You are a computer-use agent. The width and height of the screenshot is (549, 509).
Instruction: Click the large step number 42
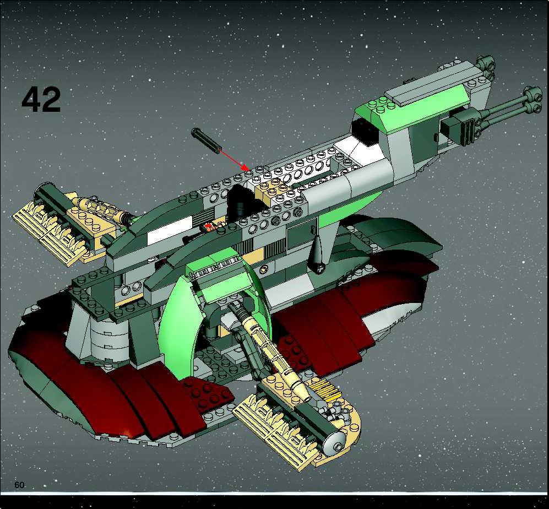coord(41,100)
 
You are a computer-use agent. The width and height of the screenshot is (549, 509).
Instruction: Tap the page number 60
coord(20,485)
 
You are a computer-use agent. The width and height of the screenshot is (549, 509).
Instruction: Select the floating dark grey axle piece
coord(206,140)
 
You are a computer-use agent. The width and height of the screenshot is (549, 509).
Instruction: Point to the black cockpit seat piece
coord(242,203)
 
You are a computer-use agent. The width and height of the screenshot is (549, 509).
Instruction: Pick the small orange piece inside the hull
coord(209,228)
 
